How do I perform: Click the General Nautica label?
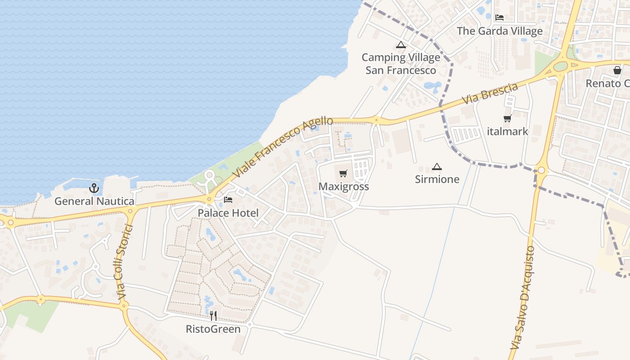(x=94, y=201)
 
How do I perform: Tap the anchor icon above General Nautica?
(x=94, y=188)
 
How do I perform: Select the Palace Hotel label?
(x=228, y=213)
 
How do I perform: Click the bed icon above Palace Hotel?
(x=228, y=199)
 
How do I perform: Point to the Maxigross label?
(x=344, y=186)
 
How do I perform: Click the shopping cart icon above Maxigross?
(x=343, y=173)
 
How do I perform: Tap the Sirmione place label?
(x=437, y=179)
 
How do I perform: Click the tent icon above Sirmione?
(x=436, y=166)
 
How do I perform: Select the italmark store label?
(x=508, y=131)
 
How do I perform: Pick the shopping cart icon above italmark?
(x=508, y=118)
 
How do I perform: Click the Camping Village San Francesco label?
(x=400, y=64)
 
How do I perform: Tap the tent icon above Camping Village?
(x=400, y=45)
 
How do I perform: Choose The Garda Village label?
(x=500, y=31)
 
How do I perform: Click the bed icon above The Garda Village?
(x=499, y=18)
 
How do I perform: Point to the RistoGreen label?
(x=213, y=329)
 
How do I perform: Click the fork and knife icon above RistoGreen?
(x=213, y=316)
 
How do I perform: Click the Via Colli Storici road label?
(x=125, y=263)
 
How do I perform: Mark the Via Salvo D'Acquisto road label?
(x=523, y=297)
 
